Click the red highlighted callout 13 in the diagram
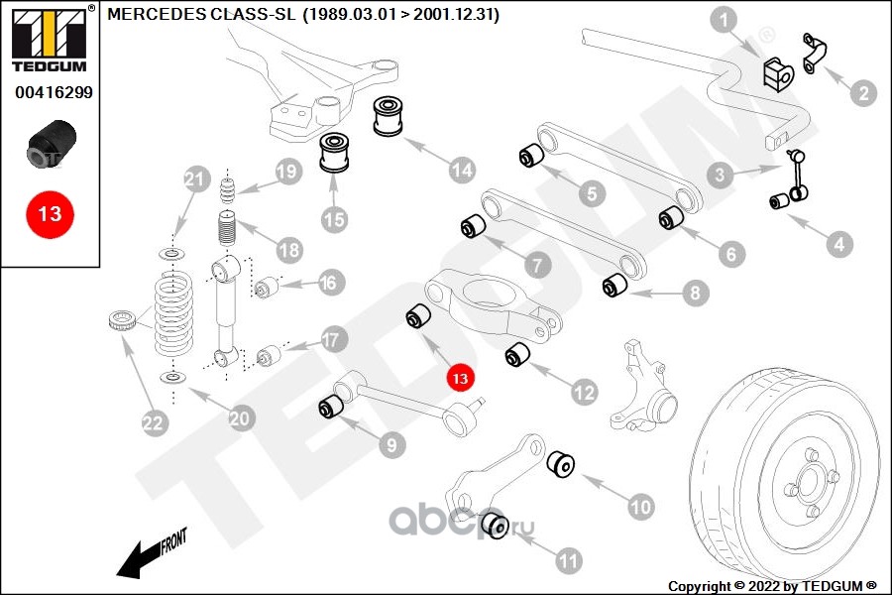(460, 377)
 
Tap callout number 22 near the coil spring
(153, 423)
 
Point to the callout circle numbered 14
(461, 171)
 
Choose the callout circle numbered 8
(693, 293)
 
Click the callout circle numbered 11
(568, 561)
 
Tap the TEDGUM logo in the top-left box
(48, 41)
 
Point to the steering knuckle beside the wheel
(647, 384)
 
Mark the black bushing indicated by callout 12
(518, 355)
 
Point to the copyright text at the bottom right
(773, 585)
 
